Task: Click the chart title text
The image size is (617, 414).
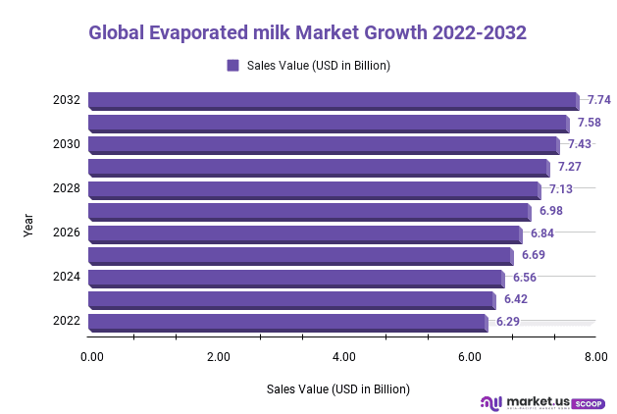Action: [307, 32]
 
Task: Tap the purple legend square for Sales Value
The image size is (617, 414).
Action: [233, 66]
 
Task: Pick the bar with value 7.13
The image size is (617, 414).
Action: [313, 188]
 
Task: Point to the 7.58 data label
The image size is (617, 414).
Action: [589, 123]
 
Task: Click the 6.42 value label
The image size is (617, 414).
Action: [516, 299]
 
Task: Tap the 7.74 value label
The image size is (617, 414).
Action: [598, 100]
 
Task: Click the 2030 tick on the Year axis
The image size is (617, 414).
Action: [67, 144]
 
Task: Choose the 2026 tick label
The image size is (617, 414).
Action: [67, 233]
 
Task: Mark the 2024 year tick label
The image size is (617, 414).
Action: [67, 277]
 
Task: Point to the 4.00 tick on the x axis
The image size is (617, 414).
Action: [343, 356]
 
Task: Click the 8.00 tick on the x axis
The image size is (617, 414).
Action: [595, 356]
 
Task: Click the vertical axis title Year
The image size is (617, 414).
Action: [28, 225]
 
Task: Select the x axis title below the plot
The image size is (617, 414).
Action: [337, 388]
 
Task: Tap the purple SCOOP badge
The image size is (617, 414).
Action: [588, 402]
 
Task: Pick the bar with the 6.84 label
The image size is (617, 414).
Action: [304, 233]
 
